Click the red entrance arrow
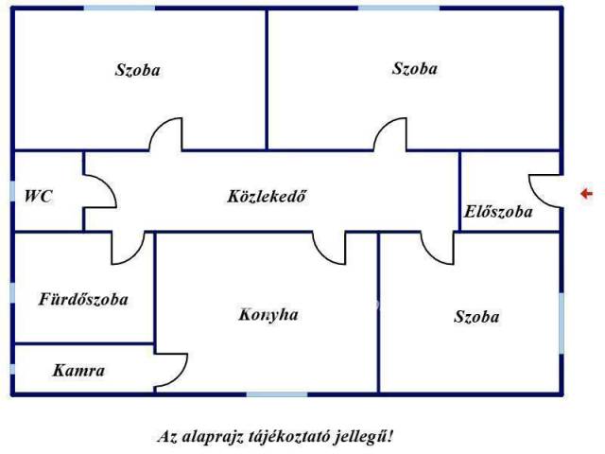587,193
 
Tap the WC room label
38,196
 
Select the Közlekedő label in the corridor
267,196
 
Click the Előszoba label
498,212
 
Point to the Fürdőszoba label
83,299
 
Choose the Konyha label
268,314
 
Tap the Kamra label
78,371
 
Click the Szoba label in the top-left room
138,70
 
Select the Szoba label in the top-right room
415,68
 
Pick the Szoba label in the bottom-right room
476,317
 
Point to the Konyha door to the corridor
321,254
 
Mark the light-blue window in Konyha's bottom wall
277,394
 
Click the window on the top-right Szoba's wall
399,8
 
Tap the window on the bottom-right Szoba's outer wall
562,323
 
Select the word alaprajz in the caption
212,437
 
